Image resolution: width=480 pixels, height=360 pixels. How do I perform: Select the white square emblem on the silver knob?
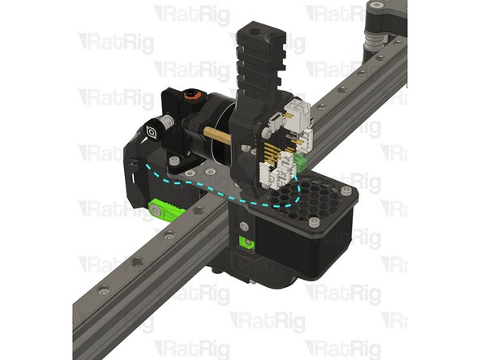click(x=152, y=131)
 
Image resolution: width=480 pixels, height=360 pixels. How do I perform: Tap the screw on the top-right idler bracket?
click(x=375, y=7)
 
